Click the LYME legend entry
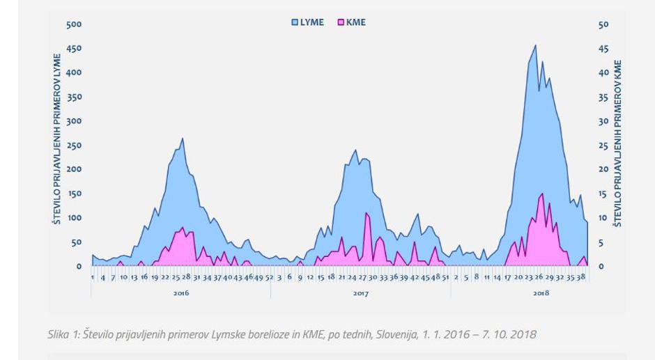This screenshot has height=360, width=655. tap(307, 22)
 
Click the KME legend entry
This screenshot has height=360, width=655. tap(351, 22)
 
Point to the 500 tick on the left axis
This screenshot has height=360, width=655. tap(74, 24)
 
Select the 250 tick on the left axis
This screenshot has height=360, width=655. tap(74, 145)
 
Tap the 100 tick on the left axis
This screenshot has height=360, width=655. tap(74, 218)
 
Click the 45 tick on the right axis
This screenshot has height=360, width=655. tap(603, 49)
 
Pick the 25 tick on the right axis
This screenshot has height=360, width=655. tap(603, 145)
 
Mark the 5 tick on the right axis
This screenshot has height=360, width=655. tap(601, 242)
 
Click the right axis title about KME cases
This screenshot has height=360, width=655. tap(617, 143)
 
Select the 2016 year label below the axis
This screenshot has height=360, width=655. tap(181, 293)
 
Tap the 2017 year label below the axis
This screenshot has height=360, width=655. tap(360, 293)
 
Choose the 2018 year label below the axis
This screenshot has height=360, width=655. tap(541, 293)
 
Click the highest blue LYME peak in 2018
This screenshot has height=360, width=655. tap(535, 46)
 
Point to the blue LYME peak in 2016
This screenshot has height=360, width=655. tap(183, 139)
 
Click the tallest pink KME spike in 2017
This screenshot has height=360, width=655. tap(367, 213)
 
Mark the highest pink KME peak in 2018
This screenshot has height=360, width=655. tap(542, 194)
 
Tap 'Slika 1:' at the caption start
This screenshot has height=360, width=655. tap(63, 334)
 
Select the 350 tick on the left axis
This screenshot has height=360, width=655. tap(74, 97)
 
